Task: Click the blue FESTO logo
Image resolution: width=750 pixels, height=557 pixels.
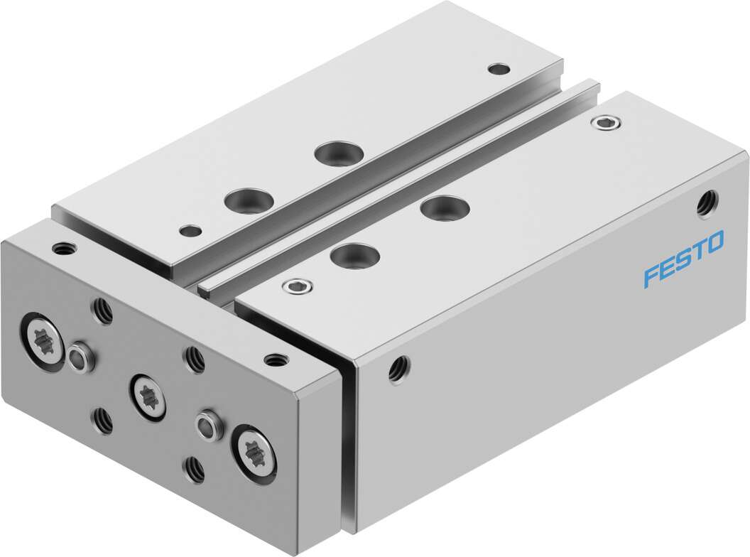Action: (x=684, y=259)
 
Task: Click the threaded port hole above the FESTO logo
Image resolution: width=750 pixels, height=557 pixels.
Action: (x=706, y=202)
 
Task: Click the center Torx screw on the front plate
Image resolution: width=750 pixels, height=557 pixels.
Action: (x=148, y=391)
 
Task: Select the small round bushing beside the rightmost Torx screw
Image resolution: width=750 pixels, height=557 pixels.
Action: (x=208, y=424)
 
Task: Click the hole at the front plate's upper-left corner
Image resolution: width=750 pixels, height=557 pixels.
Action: (x=63, y=249)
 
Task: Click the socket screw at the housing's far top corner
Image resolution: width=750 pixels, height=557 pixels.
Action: (x=605, y=123)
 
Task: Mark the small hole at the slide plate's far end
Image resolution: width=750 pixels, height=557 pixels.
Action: (x=499, y=69)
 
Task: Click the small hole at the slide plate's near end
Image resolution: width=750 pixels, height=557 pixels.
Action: (x=190, y=230)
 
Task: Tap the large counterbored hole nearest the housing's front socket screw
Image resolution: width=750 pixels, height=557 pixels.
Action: (x=355, y=254)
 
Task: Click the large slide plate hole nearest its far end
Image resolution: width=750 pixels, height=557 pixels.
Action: (x=337, y=153)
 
